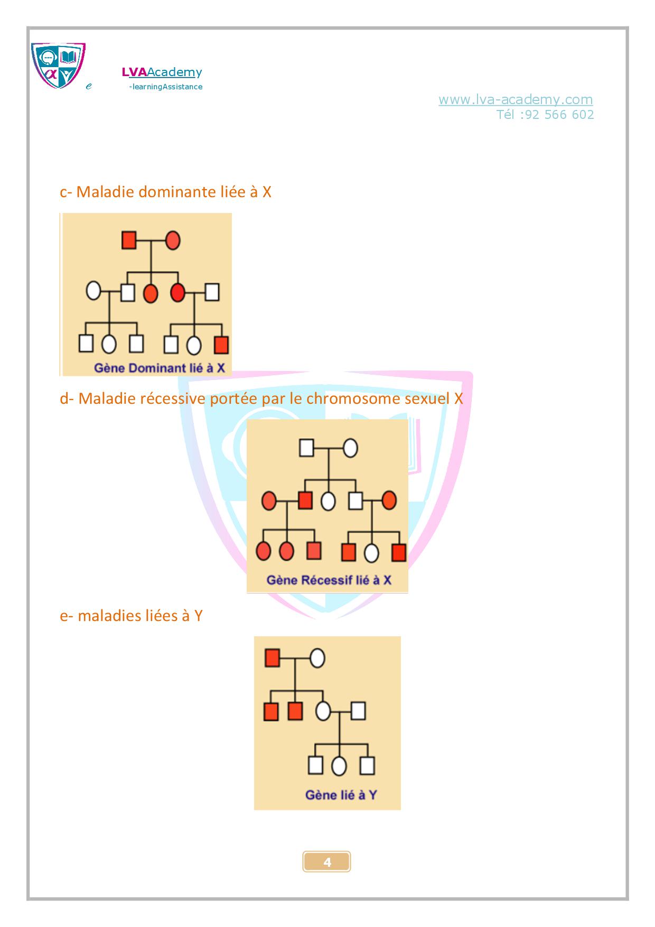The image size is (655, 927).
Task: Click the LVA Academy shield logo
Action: (58, 66)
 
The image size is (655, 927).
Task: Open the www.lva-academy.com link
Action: (516, 99)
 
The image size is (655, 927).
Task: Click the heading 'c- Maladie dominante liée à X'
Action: (165, 192)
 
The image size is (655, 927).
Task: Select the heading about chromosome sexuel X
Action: (261, 398)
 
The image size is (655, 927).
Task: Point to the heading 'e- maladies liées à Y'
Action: (131, 616)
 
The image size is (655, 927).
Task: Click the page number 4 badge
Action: (327, 862)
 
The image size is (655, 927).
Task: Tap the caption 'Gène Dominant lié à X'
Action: (159, 368)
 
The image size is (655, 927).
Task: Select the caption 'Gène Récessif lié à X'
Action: (329, 580)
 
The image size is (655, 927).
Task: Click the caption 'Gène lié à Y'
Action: (341, 794)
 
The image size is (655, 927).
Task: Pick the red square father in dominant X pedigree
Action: (129, 240)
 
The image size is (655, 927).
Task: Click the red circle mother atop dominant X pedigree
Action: (173, 240)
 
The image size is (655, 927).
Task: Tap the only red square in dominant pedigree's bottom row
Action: (221, 345)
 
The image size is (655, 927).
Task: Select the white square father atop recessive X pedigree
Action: (307, 448)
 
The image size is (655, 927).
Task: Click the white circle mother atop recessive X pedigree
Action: (350, 448)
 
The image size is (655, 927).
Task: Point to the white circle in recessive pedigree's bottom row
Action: (372, 553)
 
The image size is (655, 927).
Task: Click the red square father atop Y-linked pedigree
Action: (272, 659)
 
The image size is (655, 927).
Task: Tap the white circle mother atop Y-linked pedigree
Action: (317, 659)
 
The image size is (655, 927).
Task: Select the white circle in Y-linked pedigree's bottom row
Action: (339, 765)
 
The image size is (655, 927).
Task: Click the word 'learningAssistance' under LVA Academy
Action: (167, 87)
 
